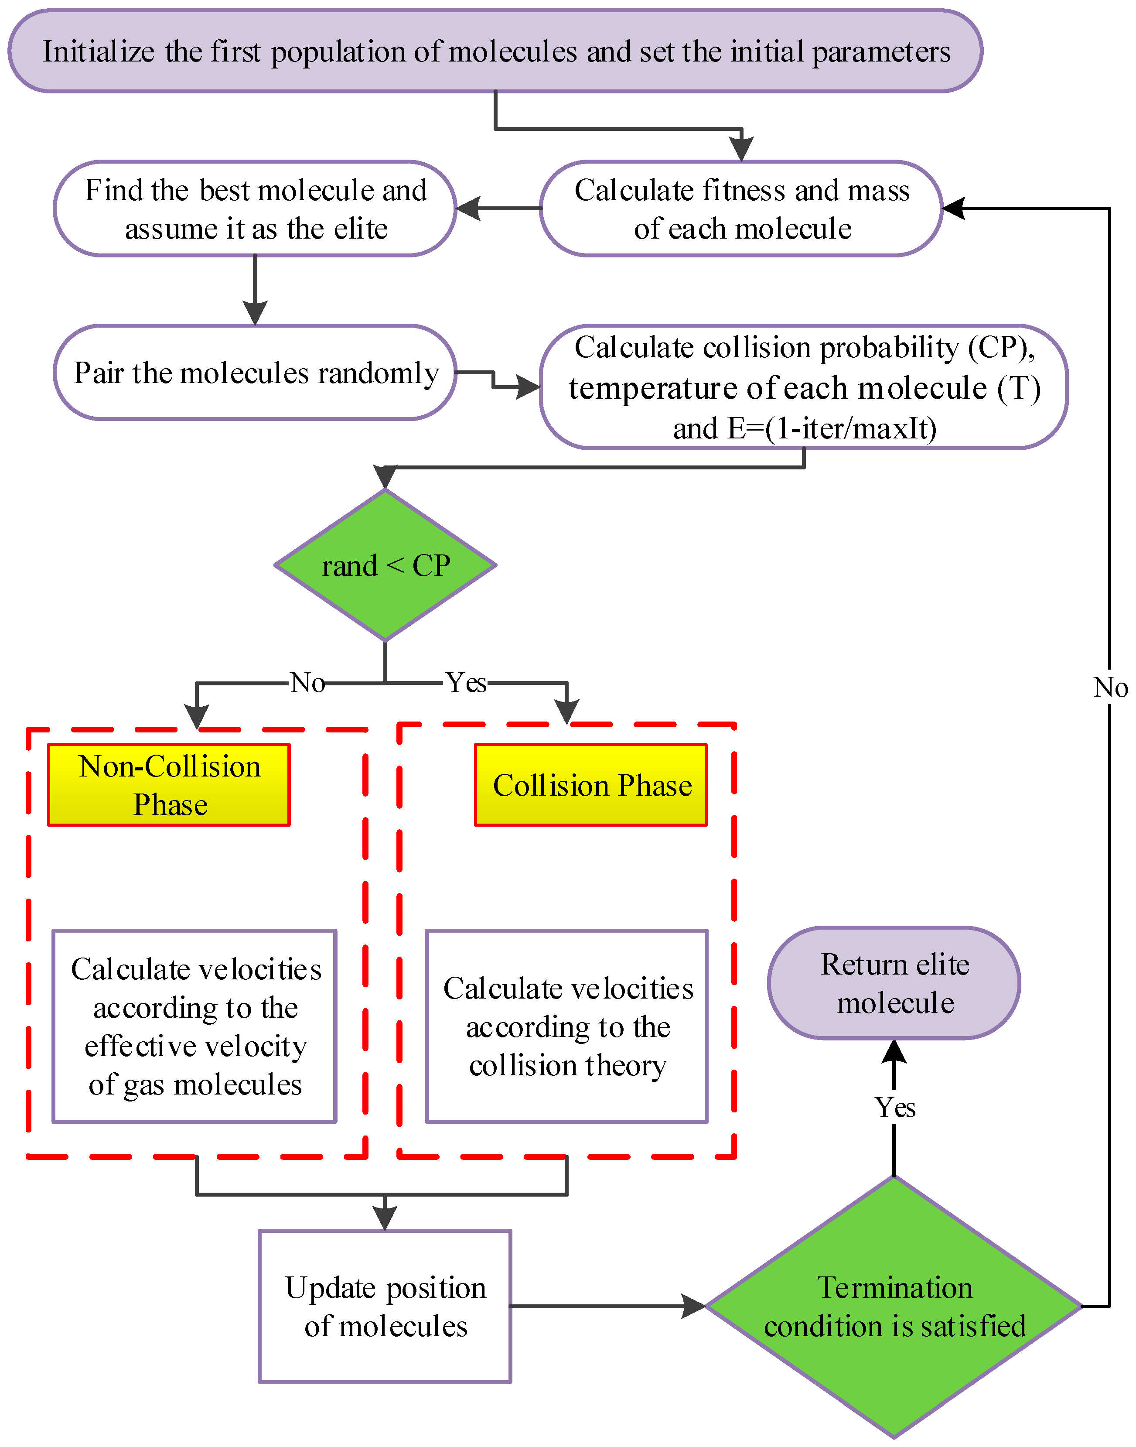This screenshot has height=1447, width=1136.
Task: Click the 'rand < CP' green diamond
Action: point(385,565)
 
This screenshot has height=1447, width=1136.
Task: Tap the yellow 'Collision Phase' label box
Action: point(590,785)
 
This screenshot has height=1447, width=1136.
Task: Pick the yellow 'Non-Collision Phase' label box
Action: point(169,785)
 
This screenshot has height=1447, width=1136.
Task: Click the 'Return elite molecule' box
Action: point(894,983)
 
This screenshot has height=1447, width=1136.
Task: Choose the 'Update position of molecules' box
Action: point(385,1306)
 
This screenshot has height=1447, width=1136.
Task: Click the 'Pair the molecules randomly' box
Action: point(256,373)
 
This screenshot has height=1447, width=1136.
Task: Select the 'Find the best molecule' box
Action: point(256,208)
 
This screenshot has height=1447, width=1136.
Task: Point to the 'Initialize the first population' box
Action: point(495,51)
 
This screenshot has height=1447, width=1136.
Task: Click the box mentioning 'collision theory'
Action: point(566,1026)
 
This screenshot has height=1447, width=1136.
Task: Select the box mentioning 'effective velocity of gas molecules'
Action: point(195,1026)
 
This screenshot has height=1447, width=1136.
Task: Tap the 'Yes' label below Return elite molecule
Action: point(894,1108)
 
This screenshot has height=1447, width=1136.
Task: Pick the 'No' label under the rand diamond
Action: point(307,683)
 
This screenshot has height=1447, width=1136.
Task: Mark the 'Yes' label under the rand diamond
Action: point(466,683)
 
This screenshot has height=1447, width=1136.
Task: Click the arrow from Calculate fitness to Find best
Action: point(499,208)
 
